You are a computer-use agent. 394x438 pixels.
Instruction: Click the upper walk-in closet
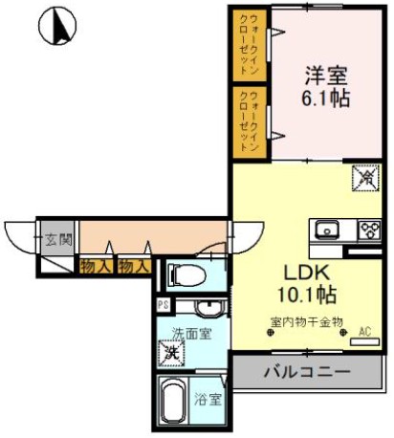pos(248,45)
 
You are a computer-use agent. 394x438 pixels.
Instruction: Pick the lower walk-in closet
pos(248,120)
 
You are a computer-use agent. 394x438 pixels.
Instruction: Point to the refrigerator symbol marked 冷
pos(365,177)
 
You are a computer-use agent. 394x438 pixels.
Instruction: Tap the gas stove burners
pos(368,230)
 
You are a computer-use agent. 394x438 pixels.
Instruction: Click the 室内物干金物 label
pos(306,321)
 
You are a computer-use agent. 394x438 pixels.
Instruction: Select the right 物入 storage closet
pos(134,266)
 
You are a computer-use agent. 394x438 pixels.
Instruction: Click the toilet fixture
pos(186,275)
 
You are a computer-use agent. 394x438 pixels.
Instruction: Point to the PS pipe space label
pos(164,306)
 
